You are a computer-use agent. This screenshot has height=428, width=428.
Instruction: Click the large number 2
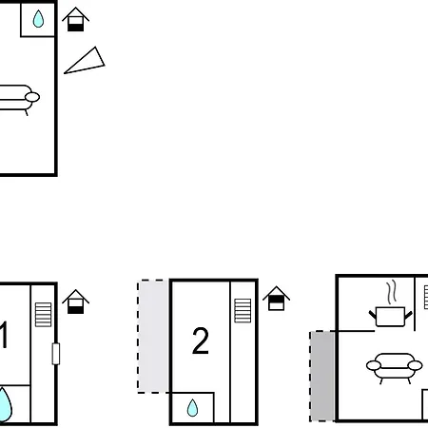[201, 340]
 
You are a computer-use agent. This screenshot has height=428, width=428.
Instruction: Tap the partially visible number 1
[4, 335]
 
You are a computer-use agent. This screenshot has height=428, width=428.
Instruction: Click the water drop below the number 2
[192, 407]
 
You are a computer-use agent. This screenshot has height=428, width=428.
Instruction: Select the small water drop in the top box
[38, 19]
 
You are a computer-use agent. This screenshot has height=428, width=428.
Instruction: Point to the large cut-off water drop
[5, 404]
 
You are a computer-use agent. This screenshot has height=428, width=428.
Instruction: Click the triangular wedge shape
[86, 62]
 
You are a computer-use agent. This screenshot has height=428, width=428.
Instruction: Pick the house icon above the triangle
[75, 19]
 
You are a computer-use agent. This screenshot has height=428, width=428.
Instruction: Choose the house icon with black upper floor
[276, 299]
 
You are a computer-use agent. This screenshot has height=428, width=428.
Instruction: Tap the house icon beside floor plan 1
[75, 302]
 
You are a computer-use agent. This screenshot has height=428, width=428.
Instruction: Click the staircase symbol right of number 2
[243, 311]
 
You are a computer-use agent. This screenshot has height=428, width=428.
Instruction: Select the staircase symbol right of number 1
[43, 315]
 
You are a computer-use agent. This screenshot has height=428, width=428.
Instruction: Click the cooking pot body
[390, 317]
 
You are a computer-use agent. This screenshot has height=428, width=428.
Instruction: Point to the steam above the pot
[392, 292]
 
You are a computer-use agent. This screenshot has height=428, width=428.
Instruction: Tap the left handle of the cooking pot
[373, 315]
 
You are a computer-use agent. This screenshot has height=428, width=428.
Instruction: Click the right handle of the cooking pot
[408, 315]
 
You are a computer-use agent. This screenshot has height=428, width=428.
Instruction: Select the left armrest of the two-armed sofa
[374, 365]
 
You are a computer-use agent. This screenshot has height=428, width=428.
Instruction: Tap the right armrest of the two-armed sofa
[415, 365]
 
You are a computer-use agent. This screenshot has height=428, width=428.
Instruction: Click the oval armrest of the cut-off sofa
[32, 97]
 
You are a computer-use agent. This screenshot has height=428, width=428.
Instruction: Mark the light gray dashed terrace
[153, 337]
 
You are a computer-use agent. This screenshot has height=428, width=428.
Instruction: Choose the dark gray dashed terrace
[322, 376]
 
